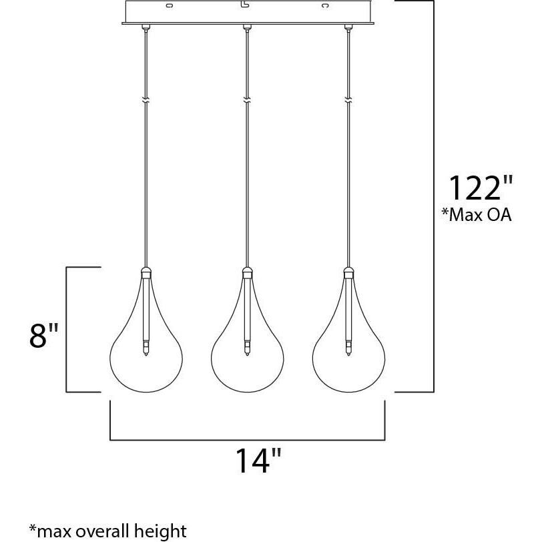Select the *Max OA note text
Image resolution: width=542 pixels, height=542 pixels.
click(x=476, y=216)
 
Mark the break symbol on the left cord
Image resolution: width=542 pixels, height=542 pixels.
click(x=145, y=101)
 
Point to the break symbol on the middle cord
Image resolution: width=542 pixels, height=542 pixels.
click(x=247, y=101)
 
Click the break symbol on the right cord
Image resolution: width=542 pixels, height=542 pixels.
click(x=348, y=101)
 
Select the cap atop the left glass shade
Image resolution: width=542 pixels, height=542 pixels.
click(x=145, y=272)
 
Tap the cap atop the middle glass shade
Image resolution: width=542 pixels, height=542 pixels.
click(x=247, y=272)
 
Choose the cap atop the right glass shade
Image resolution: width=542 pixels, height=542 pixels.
click(x=348, y=272)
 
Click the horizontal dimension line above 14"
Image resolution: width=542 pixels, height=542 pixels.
click(x=247, y=441)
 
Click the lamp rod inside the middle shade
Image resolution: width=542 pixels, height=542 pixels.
click(x=247, y=314)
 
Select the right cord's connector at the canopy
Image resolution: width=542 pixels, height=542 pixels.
click(x=348, y=27)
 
